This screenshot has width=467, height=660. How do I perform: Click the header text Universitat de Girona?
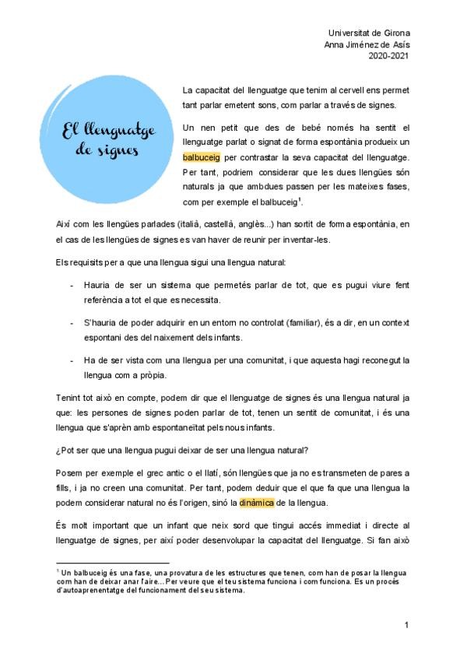coord(369,33)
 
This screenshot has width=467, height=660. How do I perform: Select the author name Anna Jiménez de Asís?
coord(367,44)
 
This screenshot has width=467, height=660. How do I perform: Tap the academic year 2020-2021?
coord(388,56)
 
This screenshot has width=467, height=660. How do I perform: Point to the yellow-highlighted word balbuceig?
coord(202,156)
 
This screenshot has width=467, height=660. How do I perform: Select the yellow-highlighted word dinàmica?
coord(258,502)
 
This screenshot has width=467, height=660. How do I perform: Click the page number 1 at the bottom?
coord(406,625)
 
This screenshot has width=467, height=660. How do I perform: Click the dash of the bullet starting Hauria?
coord(72,286)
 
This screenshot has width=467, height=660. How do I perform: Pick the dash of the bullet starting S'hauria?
coord(72,322)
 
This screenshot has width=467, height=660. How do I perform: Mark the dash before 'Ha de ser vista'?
coord(72,360)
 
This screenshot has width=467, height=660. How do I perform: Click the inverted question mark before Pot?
coord(58,451)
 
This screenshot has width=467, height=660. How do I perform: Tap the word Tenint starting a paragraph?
coord(69,398)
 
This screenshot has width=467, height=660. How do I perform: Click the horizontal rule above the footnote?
coord(112,563)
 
